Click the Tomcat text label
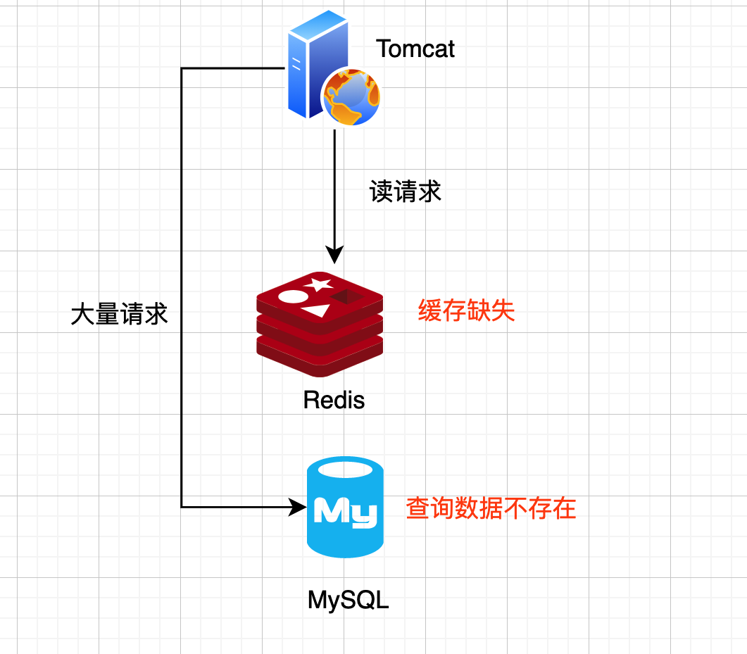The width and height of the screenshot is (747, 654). click(415, 49)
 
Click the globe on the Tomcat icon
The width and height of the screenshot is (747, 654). click(351, 96)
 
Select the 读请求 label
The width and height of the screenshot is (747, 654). click(406, 191)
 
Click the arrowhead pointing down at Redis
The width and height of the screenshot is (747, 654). click(334, 255)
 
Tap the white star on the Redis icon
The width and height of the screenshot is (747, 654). click(318, 284)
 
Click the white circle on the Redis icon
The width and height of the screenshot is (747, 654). click(291, 296)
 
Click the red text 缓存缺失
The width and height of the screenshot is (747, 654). click(466, 310)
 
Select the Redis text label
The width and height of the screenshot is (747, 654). click(334, 400)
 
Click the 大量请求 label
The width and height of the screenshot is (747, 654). click(120, 315)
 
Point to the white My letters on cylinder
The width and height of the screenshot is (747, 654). click(345, 512)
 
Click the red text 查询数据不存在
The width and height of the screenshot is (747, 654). click(491, 508)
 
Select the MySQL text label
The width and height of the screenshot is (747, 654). click(349, 600)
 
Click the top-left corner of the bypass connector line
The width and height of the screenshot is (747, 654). click(182, 68)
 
